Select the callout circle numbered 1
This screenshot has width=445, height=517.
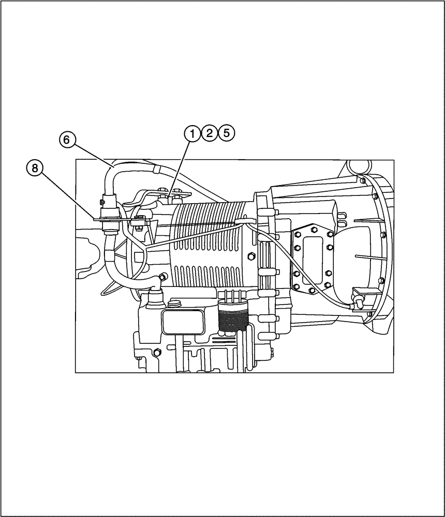click(x=192, y=133)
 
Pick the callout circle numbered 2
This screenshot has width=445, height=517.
click(x=209, y=133)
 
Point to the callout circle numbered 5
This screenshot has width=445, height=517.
click(x=226, y=133)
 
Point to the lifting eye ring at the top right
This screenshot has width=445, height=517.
click(x=357, y=166)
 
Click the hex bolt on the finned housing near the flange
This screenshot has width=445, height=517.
click(x=251, y=257)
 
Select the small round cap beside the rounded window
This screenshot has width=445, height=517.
click(x=174, y=303)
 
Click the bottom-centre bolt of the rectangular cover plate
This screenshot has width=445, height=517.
click(x=312, y=290)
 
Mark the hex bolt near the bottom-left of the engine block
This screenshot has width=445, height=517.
click(x=155, y=353)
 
